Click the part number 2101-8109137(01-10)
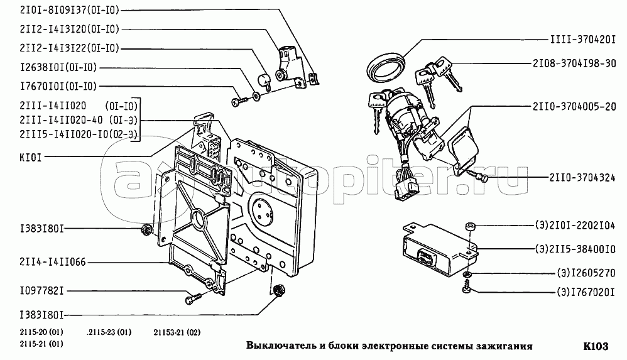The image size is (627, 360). pyautogui.click(x=69, y=10)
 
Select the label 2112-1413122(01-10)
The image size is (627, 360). pyautogui.click(x=69, y=48)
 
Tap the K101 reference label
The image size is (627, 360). pyautogui.click(x=30, y=158)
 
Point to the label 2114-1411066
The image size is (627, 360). pyautogui.click(x=52, y=263)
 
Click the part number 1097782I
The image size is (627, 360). pyautogui.click(x=41, y=291)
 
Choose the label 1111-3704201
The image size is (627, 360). pyautogui.click(x=583, y=40)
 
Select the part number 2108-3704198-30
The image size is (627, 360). pyautogui.click(x=574, y=63)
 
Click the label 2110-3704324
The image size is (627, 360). pyautogui.click(x=582, y=178)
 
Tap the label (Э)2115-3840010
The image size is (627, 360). pyautogui.click(x=575, y=249)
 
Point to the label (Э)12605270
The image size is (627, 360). pyautogui.click(x=586, y=273)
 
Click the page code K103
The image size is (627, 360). pyautogui.click(x=596, y=346)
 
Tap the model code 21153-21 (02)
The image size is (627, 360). pyautogui.click(x=177, y=332)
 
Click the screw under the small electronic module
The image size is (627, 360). pyautogui.click(x=467, y=287)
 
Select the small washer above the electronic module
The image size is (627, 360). pyautogui.click(x=471, y=226)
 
